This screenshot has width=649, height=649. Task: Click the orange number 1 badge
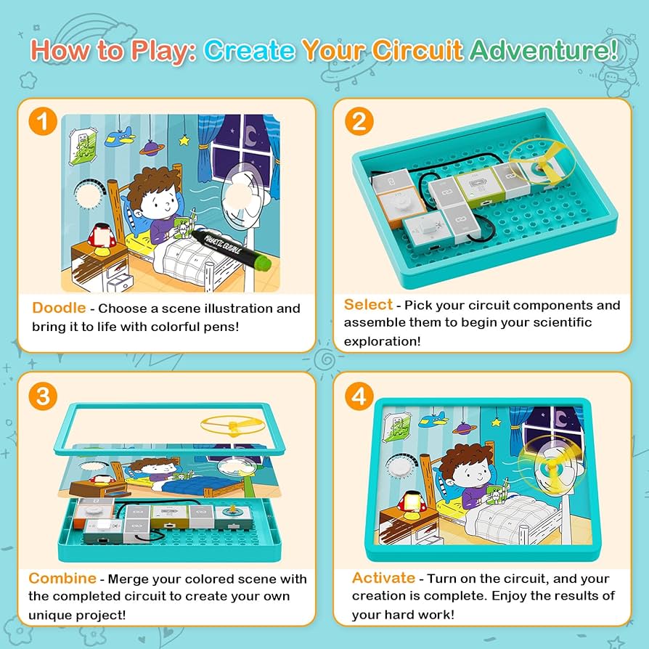point(44,121)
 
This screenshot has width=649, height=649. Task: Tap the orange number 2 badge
point(359,121)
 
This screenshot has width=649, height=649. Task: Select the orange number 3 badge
point(44,396)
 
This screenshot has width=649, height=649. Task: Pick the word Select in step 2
point(368,304)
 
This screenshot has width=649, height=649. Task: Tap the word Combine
point(62,579)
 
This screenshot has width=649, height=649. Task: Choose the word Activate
point(383,578)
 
